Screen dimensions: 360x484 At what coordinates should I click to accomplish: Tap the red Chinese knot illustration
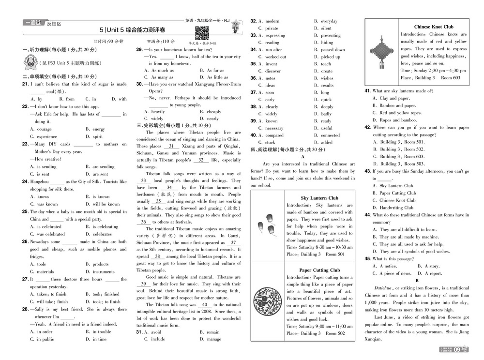(x=381, y=51)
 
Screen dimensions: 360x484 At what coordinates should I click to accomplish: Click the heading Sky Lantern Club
(x=319, y=198)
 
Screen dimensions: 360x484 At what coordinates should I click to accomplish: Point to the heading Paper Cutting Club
(x=319, y=270)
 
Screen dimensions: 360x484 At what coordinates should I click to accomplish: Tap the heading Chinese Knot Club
(x=434, y=27)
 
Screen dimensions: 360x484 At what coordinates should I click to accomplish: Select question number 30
(x=139, y=84)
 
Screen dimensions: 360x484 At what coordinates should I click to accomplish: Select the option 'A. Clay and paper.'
(x=391, y=98)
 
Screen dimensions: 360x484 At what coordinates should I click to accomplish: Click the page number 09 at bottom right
(x=470, y=349)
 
